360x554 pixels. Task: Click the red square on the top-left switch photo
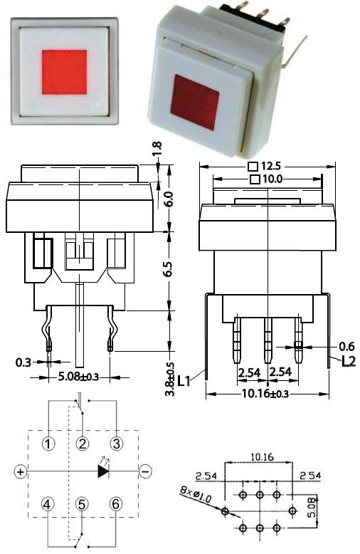pyautogui.click(x=65, y=71)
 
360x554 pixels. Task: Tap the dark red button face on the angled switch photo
pyautogui.click(x=194, y=101)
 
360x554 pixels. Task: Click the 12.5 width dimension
pyautogui.click(x=268, y=167)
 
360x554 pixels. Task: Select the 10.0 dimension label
pyautogui.click(x=268, y=179)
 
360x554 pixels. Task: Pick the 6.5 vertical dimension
pyautogui.click(x=169, y=271)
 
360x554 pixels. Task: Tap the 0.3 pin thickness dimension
pyautogui.click(x=23, y=362)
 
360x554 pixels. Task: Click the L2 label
pyautogui.click(x=348, y=361)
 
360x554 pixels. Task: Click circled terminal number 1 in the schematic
pyautogui.click(x=48, y=444)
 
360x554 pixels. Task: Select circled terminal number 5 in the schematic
pyautogui.click(x=83, y=504)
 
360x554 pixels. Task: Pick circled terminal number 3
pyautogui.click(x=117, y=444)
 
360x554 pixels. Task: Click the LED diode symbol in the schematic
pyautogui.click(x=104, y=471)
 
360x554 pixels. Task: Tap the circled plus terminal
pyautogui.click(x=21, y=471)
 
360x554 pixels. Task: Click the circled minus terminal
pyautogui.click(x=144, y=471)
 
